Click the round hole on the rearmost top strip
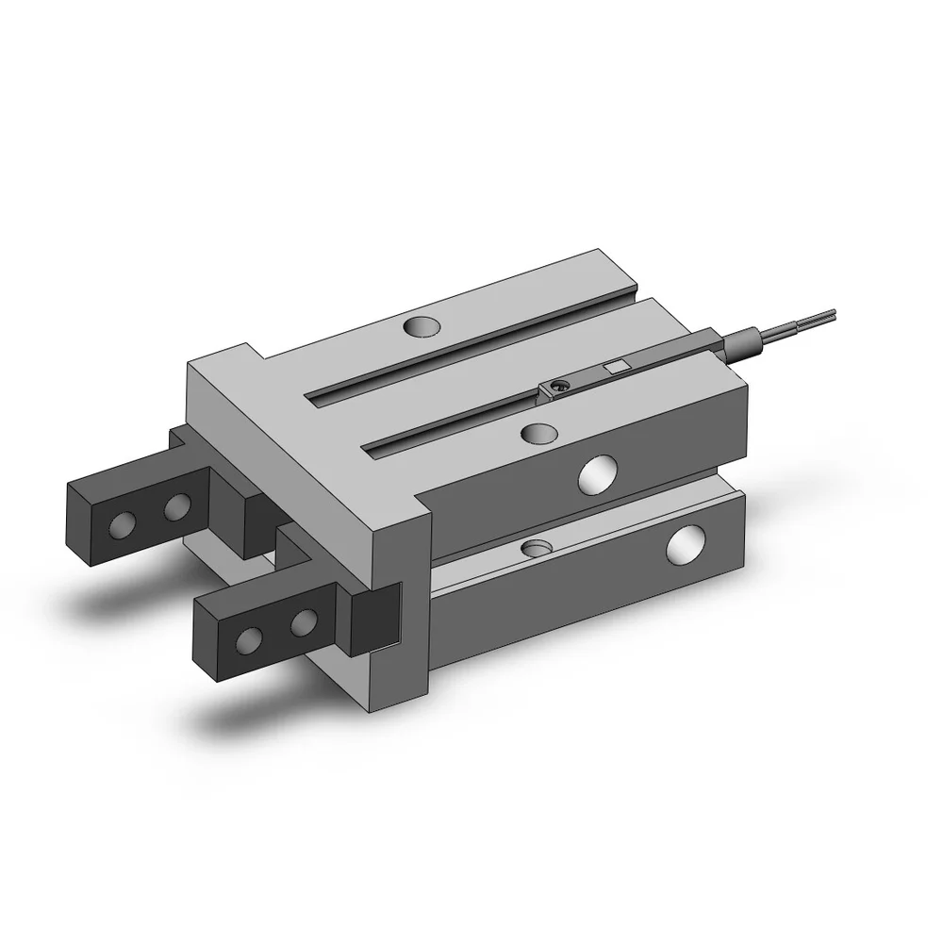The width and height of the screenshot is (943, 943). pos(422,327)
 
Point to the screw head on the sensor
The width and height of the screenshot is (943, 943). pos(559,385)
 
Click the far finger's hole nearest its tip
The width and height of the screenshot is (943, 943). pos(122,523)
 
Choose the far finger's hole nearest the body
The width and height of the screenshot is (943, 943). pos(175,510)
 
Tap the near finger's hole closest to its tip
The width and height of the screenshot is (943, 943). pos(248,641)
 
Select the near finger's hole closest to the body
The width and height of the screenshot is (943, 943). pos(303,622)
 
